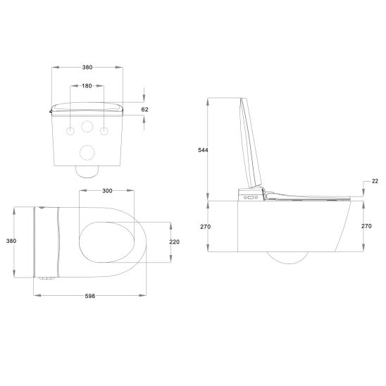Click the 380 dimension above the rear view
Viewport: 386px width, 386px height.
click(x=87, y=68)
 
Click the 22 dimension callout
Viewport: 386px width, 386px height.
click(x=375, y=182)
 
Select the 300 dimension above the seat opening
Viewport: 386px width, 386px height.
click(x=107, y=191)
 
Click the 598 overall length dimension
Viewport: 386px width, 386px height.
click(x=90, y=296)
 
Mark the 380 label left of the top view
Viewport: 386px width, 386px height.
click(x=11, y=241)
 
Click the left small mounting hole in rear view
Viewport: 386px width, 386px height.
click(x=71, y=132)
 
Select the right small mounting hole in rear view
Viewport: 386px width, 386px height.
click(x=104, y=132)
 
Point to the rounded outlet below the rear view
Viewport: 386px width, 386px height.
click(x=87, y=170)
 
